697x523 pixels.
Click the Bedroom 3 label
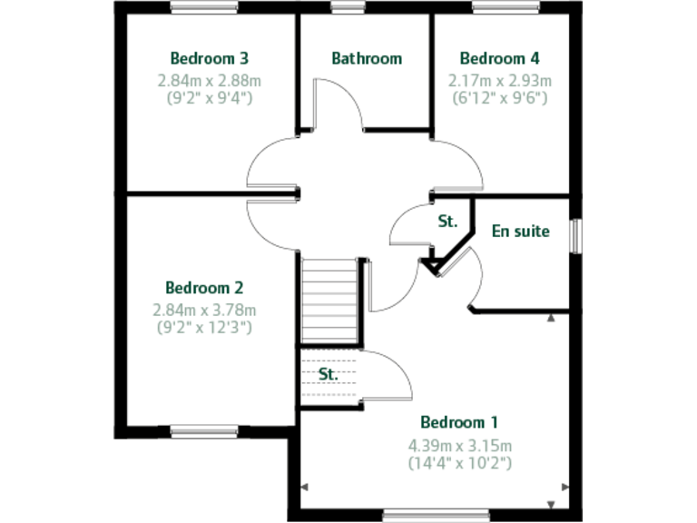tap(210, 59)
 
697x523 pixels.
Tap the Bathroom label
tap(367, 59)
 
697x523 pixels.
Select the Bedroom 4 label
tap(499, 59)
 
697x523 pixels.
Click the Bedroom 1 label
tap(459, 422)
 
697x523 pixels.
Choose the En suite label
tap(521, 231)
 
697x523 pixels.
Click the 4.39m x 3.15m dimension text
tap(460, 445)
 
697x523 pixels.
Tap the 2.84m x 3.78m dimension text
tap(204, 310)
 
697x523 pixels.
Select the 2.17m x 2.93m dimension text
tap(499, 81)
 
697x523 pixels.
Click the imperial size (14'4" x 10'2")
tap(460, 462)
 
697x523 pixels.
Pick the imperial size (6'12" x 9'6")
tap(499, 97)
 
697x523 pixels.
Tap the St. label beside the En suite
tap(447, 222)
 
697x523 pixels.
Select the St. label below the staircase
tap(328, 373)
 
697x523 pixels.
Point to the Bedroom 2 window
tap(204, 432)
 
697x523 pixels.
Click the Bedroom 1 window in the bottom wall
tap(417, 516)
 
